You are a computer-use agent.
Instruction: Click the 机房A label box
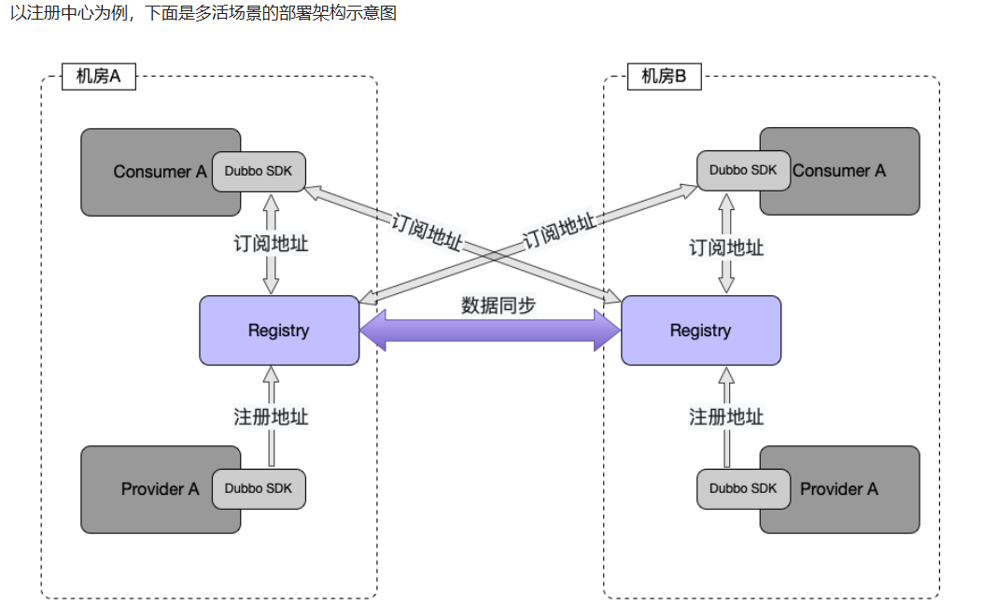[99, 77]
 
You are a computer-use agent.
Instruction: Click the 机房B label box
[664, 77]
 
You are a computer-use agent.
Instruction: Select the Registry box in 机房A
[278, 331]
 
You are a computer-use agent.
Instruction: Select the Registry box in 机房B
[700, 331]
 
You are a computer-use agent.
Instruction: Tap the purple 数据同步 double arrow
[490, 331]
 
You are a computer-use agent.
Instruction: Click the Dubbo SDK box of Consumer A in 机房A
[259, 171]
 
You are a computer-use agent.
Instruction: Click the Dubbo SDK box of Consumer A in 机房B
[743, 170]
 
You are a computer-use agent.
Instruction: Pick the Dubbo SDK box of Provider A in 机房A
[259, 488]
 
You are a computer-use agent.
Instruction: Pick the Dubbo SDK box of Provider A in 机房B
[743, 488]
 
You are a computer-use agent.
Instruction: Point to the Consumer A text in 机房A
[160, 172]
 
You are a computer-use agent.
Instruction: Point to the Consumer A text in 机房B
[839, 171]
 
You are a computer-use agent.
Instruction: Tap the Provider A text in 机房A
[160, 489]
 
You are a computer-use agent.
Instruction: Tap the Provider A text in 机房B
[839, 489]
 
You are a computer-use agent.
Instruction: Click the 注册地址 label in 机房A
[271, 416]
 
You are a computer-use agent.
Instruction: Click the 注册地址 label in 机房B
[726, 416]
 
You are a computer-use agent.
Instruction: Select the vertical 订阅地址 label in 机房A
[271, 245]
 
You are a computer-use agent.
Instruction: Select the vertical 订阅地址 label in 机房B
[726, 247]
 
